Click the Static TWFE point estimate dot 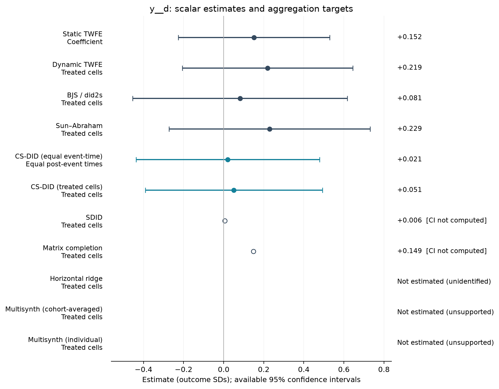[254, 38]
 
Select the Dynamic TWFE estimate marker [268, 68]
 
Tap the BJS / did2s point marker [240, 98]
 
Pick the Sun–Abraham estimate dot [270, 129]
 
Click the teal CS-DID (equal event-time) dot [228, 160]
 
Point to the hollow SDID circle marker [225, 221]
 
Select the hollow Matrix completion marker [253, 251]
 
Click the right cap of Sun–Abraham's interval [370, 129]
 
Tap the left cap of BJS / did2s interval [133, 98]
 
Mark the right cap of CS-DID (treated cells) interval [322, 190]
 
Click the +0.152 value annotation [409, 37]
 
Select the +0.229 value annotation [409, 128]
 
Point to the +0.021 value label [409, 159]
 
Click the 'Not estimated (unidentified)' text [444, 281]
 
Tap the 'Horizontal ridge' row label [76, 279]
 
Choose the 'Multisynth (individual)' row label [65, 340]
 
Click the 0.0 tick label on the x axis [223, 370]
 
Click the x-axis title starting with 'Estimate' [251, 380]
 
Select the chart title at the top [251, 9]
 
